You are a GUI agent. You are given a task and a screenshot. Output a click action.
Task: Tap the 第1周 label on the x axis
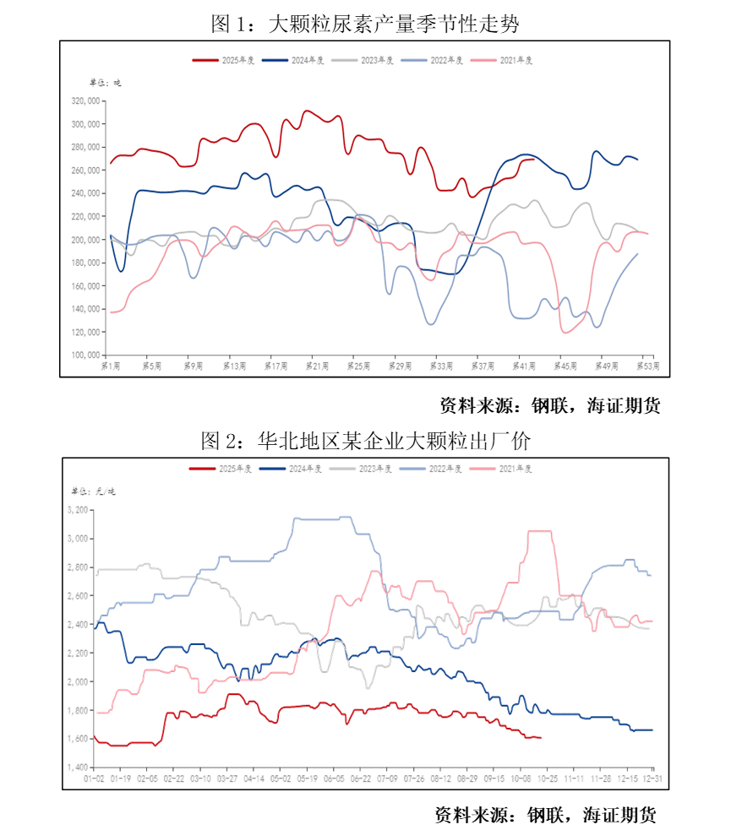[111, 366]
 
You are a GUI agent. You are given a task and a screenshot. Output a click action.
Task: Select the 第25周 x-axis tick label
[358, 366]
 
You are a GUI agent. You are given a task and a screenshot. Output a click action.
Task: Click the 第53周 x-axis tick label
[647, 366]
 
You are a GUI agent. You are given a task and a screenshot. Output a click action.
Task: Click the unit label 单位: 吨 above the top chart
[106, 83]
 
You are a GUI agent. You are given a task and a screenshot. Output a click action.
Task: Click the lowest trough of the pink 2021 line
[565, 333]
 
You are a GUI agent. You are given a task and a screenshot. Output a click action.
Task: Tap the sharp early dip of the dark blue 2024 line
[122, 271]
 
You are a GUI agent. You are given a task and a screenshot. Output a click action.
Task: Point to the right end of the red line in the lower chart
[542, 738]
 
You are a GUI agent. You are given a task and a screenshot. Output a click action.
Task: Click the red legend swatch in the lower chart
[201, 469]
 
